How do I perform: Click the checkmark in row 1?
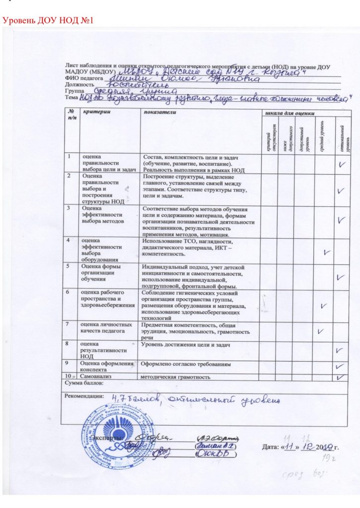click(342, 164)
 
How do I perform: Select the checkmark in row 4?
click(326, 252)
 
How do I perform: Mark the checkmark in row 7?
click(321, 330)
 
